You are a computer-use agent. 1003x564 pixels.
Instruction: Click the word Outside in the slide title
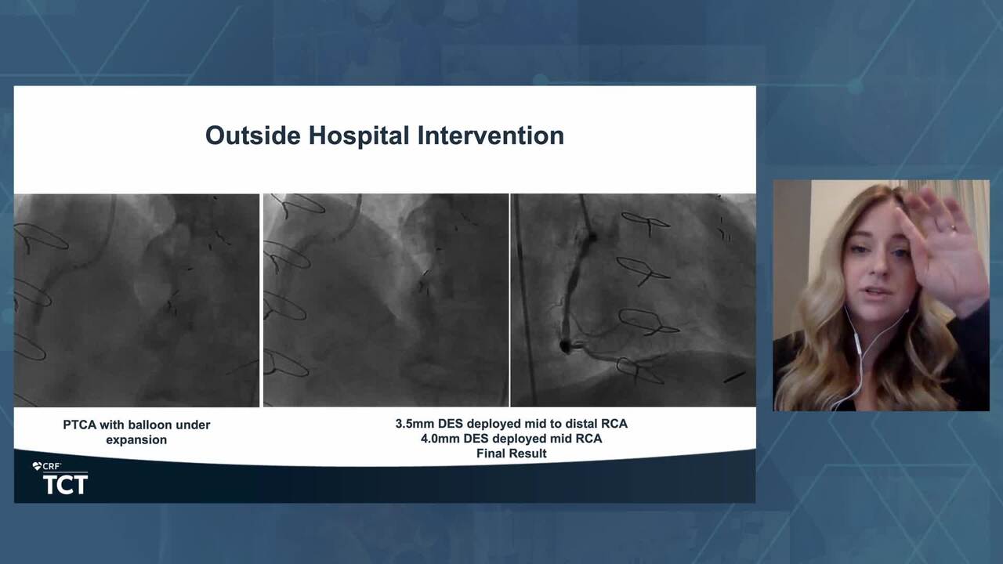[253, 136]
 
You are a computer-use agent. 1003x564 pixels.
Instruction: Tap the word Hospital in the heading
[359, 136]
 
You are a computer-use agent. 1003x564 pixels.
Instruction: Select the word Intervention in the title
[491, 136]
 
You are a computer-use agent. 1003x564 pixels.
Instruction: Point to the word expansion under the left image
[136, 440]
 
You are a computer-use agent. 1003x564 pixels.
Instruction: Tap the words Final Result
[512, 454]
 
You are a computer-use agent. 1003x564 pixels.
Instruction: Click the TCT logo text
[65, 485]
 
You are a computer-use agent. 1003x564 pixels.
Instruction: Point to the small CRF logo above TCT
[47, 466]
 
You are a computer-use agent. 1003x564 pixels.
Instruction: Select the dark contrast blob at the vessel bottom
[565, 345]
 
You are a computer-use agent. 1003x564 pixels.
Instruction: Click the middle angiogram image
[386, 300]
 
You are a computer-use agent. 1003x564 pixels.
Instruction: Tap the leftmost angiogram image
[136, 300]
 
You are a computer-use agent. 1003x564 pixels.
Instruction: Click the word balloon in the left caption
[146, 425]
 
